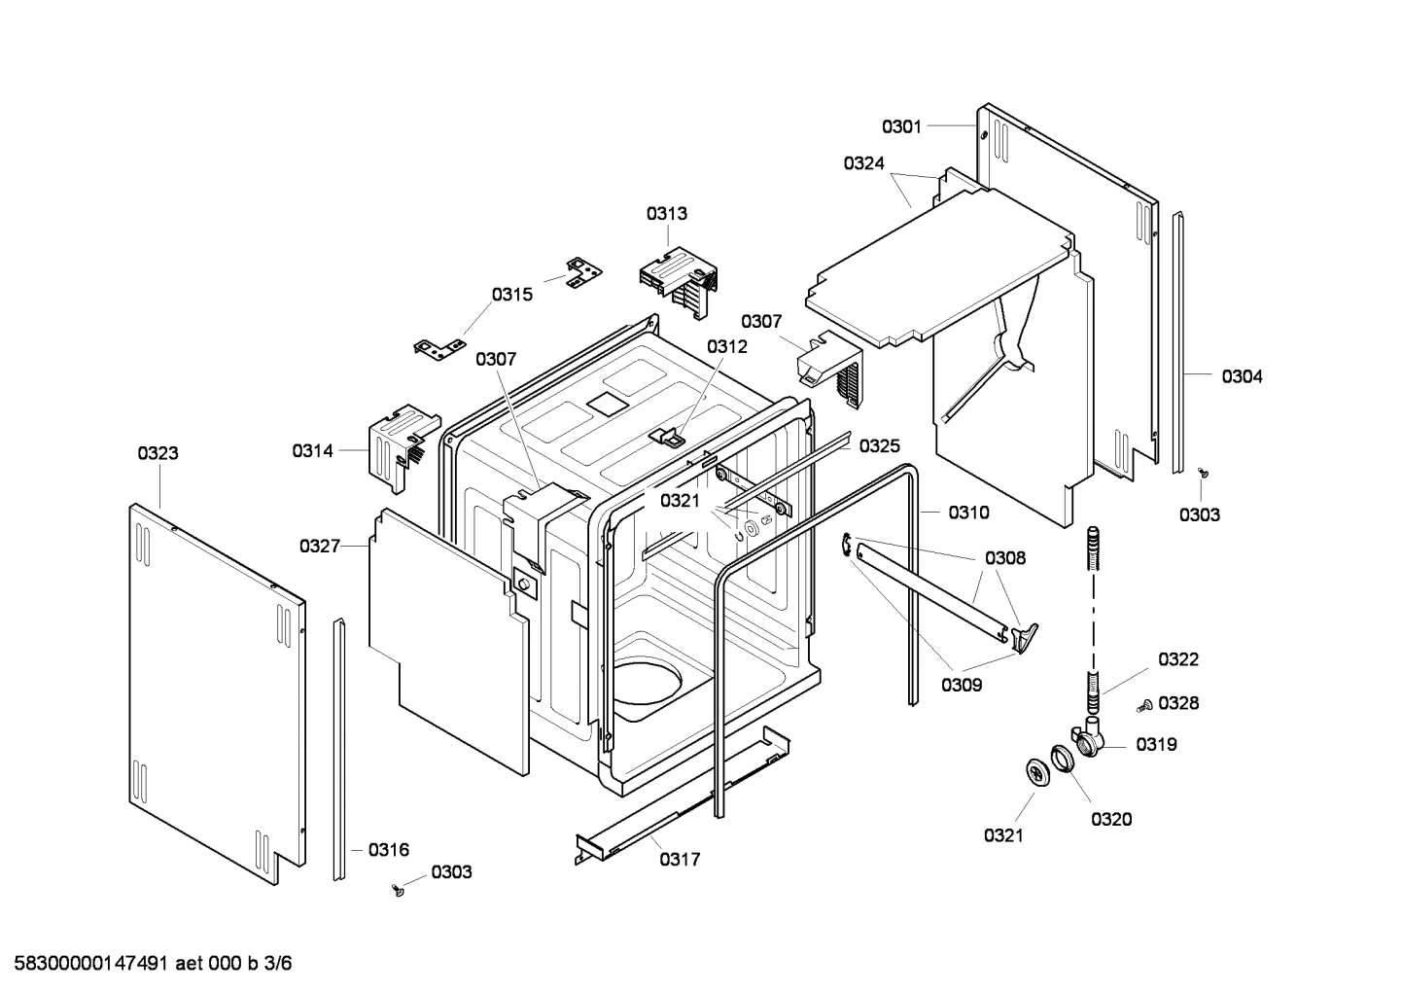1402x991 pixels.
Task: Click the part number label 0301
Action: pyautogui.click(x=901, y=126)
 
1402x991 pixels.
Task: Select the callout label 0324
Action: pyautogui.click(x=863, y=163)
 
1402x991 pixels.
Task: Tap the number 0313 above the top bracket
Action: pyautogui.click(x=667, y=214)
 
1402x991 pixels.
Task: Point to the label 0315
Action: pyautogui.click(x=511, y=295)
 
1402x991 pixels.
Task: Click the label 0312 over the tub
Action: pyautogui.click(x=727, y=347)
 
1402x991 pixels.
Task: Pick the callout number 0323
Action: pyautogui.click(x=158, y=453)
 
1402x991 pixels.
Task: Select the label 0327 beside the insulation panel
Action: pyautogui.click(x=320, y=547)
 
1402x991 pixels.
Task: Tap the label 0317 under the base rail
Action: pyautogui.click(x=680, y=860)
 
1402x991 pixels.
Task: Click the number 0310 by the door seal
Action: pyautogui.click(x=968, y=513)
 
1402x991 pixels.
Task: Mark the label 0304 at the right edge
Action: pyautogui.click(x=1242, y=376)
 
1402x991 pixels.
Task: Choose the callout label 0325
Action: pyautogui.click(x=879, y=446)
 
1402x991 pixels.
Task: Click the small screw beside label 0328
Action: pyautogui.click(x=1147, y=703)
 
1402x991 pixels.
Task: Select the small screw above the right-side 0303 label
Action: pyautogui.click(x=1204, y=473)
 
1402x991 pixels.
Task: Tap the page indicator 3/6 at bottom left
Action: pyautogui.click(x=277, y=964)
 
